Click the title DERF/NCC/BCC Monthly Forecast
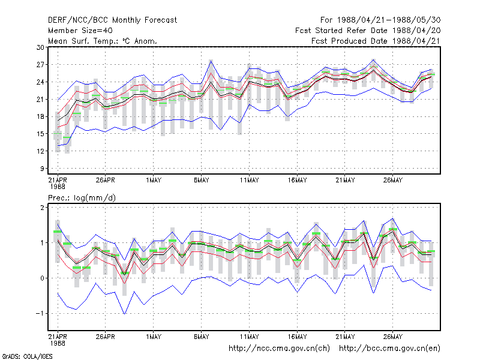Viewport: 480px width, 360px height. pos(112,20)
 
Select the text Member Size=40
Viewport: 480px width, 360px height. pos(80,31)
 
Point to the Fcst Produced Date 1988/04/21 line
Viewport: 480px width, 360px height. pos(376,41)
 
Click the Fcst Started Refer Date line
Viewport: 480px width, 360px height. pos(368,31)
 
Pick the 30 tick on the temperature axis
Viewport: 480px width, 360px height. pos(40,47)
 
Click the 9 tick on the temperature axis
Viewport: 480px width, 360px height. pos(42,169)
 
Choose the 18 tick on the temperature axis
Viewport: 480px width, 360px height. pos(40,116)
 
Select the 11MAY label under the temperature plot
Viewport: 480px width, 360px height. pos(249,181)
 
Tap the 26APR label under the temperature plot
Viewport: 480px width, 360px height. pos(106,181)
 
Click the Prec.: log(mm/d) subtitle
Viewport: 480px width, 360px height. pos(82,198)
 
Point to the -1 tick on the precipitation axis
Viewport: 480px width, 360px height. pos(40,314)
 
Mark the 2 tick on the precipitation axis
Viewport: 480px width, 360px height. pos(42,208)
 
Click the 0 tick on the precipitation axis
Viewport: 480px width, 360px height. pos(42,278)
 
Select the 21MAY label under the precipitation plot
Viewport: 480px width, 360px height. pos(345,337)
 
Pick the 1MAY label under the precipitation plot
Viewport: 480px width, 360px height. pos(154,337)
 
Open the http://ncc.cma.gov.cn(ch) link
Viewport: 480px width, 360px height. pos(279,349)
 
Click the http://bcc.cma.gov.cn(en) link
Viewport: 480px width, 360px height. pos(389,349)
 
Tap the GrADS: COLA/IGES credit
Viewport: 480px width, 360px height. pos(27,356)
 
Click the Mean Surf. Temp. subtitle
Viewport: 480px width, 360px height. pos(103,41)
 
